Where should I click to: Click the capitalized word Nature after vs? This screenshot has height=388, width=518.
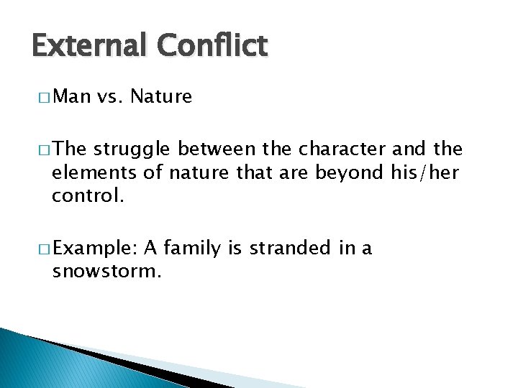pyautogui.click(x=164, y=96)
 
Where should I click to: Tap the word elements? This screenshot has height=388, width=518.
pyautogui.click(x=86, y=172)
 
